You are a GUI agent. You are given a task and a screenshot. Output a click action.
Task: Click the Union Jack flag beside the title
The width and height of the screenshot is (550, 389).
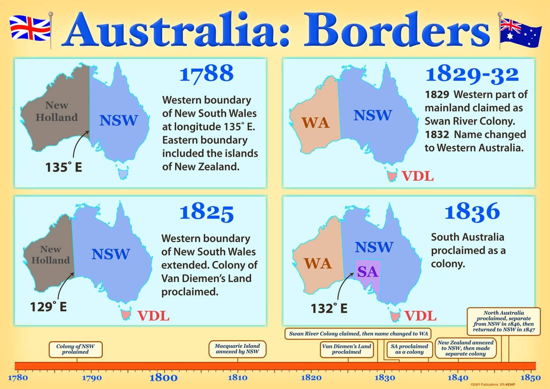30,28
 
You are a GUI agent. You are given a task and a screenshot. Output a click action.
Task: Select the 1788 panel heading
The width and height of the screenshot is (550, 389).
206,74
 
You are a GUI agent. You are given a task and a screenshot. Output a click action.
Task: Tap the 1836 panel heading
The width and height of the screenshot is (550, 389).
472,212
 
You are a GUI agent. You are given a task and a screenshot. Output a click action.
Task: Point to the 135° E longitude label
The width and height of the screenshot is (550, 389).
64,167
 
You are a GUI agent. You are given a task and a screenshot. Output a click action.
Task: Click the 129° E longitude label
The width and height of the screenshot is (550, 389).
49,307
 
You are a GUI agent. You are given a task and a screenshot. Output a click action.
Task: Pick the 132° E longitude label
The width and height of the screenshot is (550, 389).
329,308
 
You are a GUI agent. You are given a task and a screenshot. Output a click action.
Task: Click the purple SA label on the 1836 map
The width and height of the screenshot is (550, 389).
367,272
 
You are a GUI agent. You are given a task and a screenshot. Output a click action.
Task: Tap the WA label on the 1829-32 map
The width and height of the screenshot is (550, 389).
315,123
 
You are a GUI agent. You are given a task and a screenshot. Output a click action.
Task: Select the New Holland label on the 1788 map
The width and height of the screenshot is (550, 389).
57,111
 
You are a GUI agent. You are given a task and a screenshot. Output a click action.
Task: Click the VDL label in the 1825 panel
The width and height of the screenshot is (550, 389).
154,316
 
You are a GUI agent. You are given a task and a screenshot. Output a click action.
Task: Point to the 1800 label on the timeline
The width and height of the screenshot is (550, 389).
163,377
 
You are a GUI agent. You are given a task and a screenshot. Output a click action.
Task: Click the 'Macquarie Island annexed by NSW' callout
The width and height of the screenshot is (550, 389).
238,349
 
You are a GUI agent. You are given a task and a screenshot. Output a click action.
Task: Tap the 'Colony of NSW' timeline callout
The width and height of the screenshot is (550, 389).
75,349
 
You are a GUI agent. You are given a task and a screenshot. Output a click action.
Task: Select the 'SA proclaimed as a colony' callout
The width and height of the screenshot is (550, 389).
409,349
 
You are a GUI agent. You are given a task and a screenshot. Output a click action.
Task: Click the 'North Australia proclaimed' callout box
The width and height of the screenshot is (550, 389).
503,321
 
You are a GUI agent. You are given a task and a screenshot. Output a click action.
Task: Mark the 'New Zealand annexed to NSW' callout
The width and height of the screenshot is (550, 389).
465,348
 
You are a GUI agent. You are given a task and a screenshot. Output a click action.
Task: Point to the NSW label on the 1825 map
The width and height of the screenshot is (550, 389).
111,254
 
